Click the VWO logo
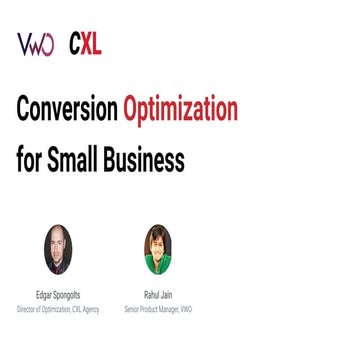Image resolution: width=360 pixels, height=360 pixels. click(x=35, y=45)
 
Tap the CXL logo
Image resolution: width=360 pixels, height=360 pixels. click(x=85, y=45)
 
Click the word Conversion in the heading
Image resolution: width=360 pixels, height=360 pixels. click(x=66, y=109)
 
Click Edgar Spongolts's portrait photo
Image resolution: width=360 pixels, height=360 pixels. click(x=58, y=249)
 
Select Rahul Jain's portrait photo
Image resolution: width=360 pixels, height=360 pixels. click(x=157, y=249)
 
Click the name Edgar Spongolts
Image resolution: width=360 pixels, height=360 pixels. click(x=58, y=296)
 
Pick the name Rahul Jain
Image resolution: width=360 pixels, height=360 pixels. click(x=157, y=296)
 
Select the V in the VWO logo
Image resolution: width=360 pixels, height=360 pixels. click(x=23, y=45)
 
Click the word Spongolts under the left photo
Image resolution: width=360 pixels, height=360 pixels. click(x=67, y=296)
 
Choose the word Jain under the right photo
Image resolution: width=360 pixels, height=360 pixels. click(x=167, y=296)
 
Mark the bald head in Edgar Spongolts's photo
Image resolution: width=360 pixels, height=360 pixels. click(x=58, y=234)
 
